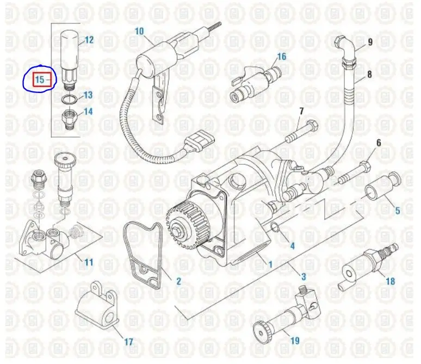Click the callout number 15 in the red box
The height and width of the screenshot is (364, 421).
(x=40, y=79)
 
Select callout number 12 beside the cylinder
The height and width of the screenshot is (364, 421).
(x=89, y=39)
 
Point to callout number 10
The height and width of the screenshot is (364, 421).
(x=139, y=31)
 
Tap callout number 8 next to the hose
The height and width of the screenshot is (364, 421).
(x=369, y=75)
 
